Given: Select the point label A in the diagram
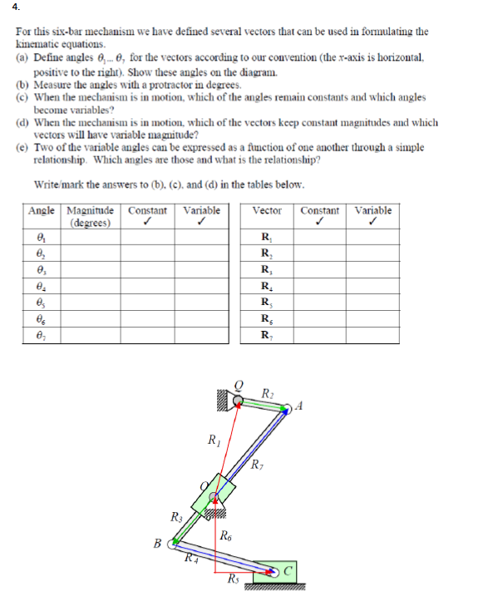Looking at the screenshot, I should click(299, 406).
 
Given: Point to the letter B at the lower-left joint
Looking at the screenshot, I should click(157, 544).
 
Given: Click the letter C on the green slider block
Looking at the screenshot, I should click(288, 570).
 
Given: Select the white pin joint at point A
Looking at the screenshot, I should click(286, 407).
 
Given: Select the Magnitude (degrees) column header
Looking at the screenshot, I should click(91, 216).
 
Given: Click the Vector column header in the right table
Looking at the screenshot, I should click(265, 210).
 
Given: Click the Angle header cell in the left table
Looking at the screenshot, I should click(41, 210).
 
